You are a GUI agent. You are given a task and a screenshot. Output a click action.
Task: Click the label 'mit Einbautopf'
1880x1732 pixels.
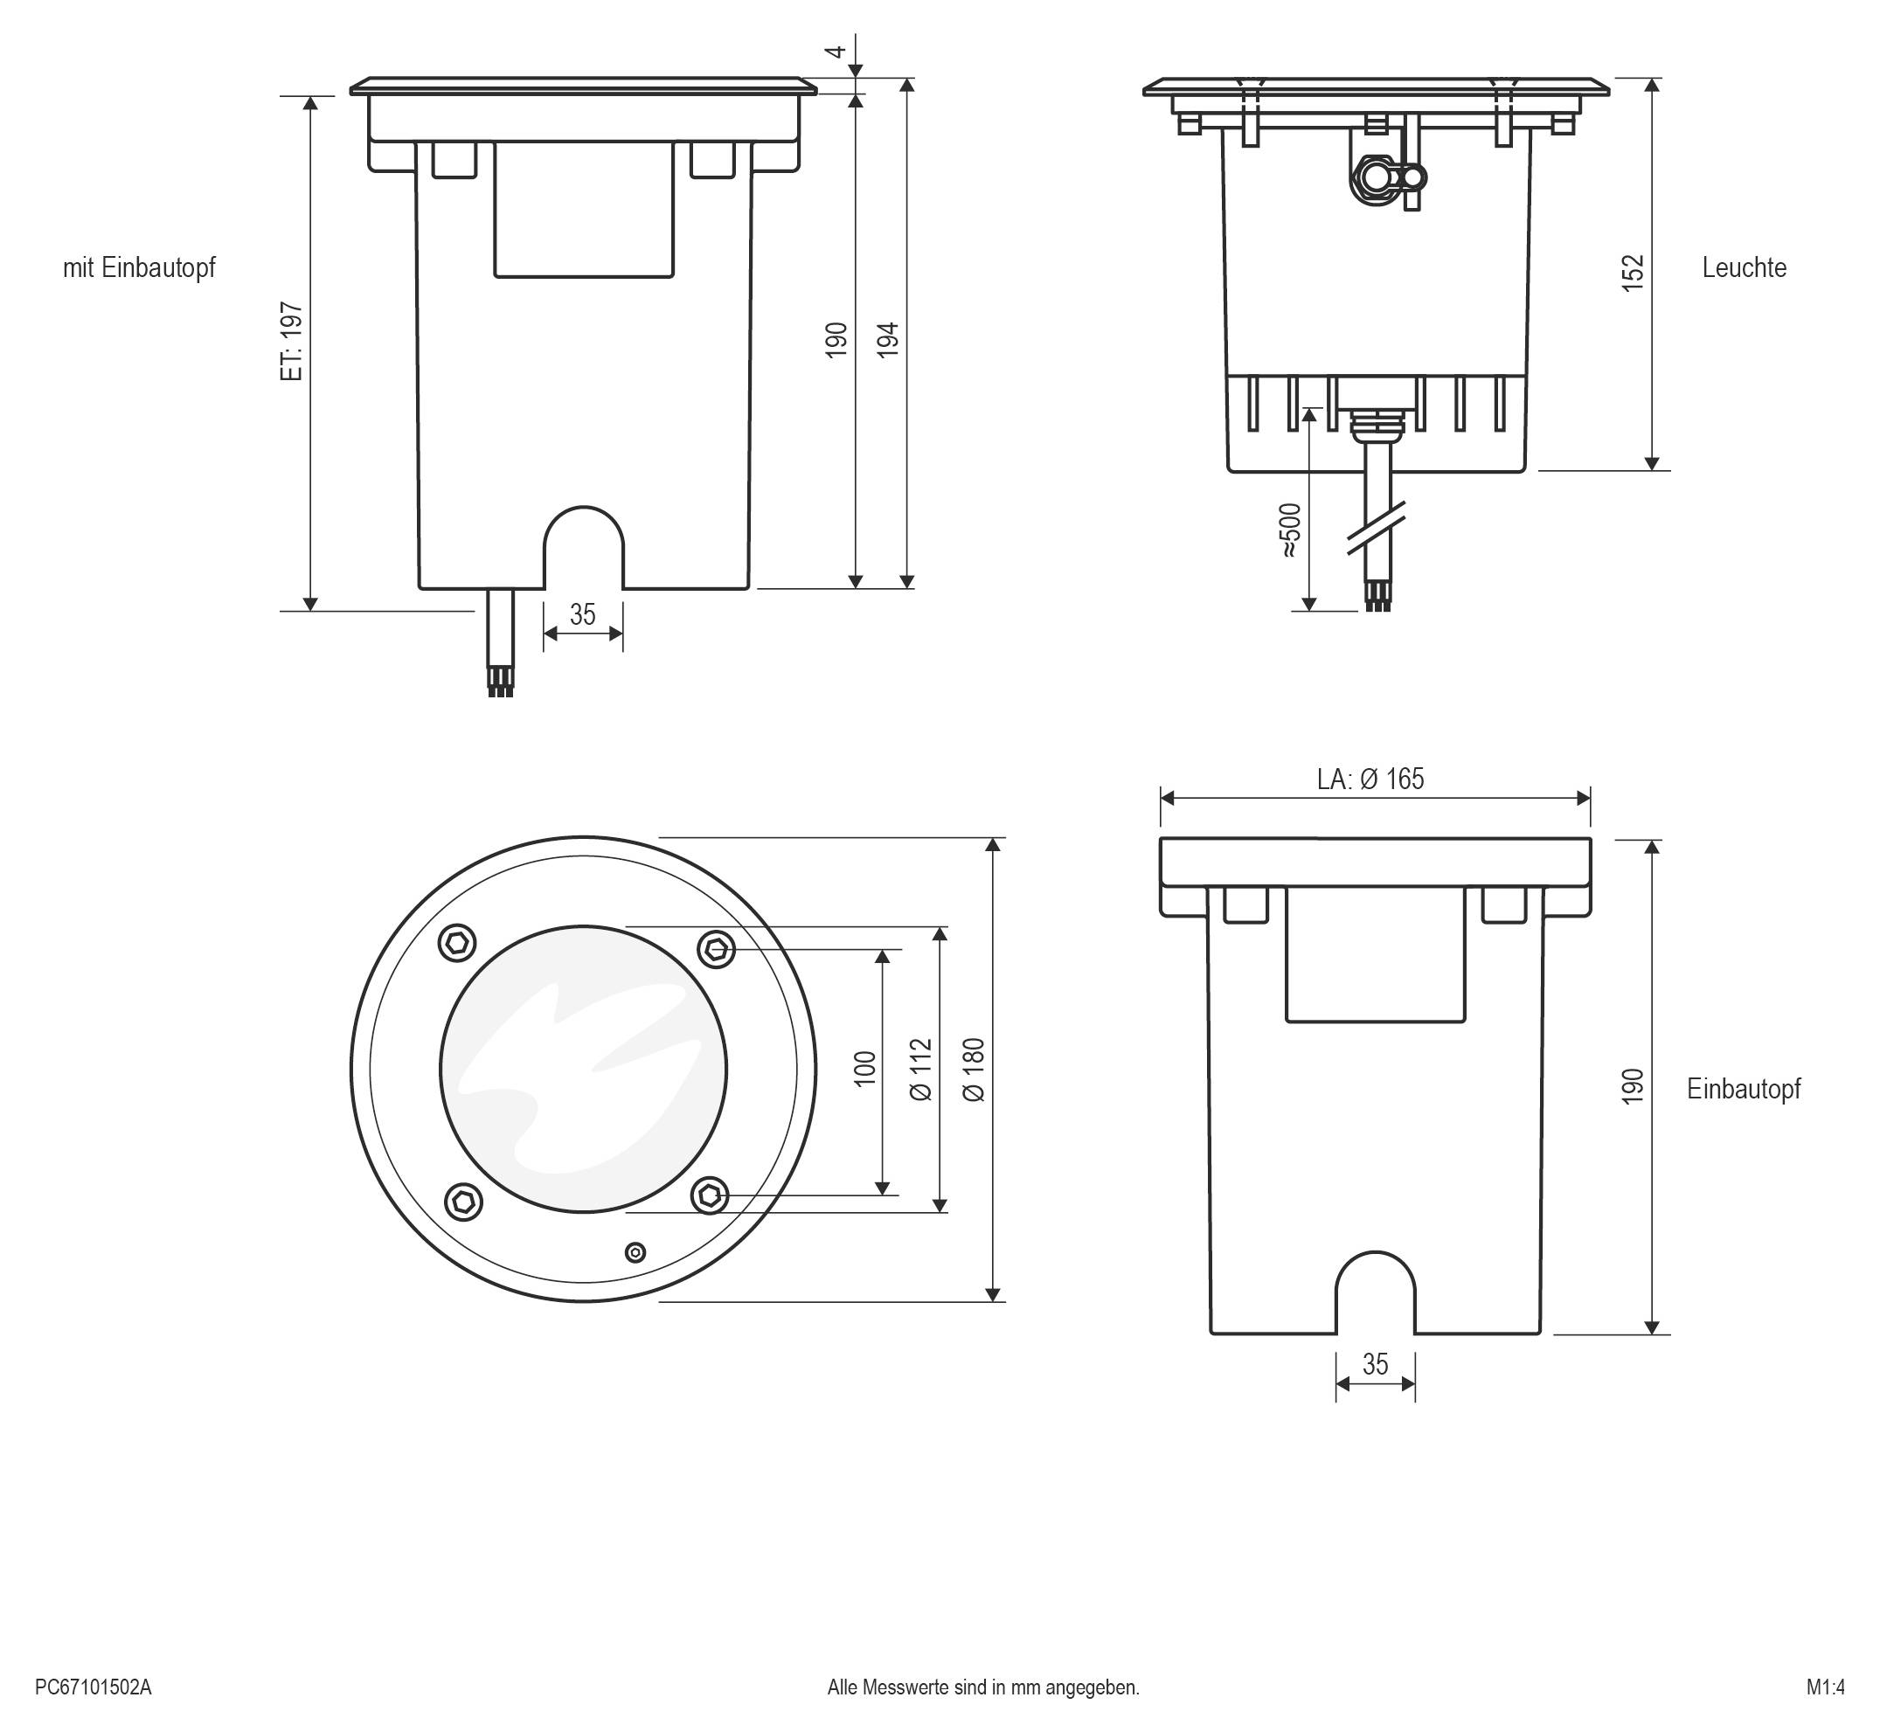(139, 268)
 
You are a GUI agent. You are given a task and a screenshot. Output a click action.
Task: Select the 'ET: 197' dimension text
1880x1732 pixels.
(293, 340)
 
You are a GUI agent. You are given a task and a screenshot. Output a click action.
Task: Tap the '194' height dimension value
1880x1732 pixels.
(887, 339)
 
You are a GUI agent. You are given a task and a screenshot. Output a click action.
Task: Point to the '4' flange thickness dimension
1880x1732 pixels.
(838, 51)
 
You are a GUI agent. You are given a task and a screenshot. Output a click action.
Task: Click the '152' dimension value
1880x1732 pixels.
(1632, 273)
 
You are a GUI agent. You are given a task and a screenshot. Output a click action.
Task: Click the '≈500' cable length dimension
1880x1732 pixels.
(1291, 530)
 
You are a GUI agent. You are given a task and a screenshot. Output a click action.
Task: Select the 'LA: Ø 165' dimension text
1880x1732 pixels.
(1370, 779)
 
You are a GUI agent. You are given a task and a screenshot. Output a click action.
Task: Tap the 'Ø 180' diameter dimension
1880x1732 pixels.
(974, 1070)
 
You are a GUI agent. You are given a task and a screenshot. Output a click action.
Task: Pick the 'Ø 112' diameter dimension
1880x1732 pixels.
(921, 1069)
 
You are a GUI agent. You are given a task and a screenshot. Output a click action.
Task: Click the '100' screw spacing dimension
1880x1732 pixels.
(865, 1069)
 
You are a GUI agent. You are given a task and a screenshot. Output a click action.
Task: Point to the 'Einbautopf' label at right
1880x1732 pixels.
(1743, 1089)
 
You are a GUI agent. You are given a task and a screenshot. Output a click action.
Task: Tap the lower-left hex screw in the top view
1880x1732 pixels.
(462, 1200)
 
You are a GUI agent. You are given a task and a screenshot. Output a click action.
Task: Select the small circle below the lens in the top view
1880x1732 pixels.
(635, 1252)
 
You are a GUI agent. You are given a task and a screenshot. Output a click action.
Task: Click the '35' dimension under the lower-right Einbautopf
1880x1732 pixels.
(1374, 1365)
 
